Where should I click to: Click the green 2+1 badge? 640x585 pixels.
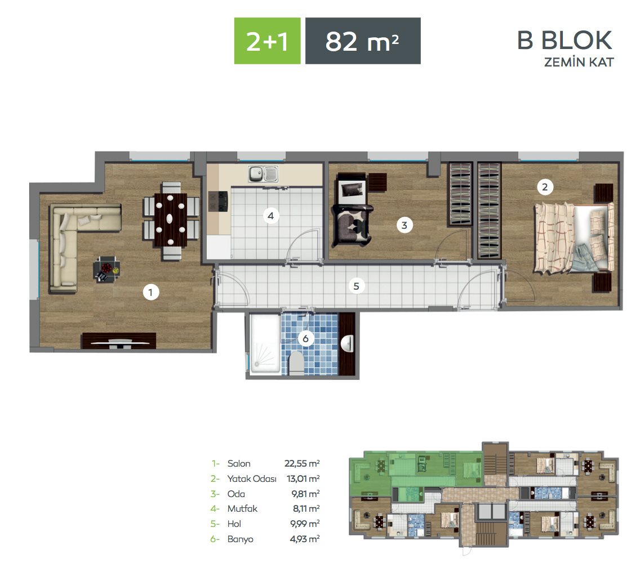[267, 41]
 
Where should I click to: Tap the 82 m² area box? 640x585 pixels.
[363, 41]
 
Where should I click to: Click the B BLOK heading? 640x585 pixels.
[565, 40]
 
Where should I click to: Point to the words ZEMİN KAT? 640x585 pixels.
[579, 62]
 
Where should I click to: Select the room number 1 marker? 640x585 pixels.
[150, 292]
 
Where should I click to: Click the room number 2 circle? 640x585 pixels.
[544, 187]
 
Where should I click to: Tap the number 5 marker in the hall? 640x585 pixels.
[356, 286]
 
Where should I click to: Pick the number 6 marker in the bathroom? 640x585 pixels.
[305, 338]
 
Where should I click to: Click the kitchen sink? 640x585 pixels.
[263, 174]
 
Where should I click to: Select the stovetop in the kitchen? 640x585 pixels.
[218, 201]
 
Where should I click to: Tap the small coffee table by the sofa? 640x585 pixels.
[106, 269]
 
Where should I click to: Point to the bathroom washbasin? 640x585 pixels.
[348, 343]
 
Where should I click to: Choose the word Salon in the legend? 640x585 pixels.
[239, 463]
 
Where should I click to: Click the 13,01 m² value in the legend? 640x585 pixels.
[303, 478]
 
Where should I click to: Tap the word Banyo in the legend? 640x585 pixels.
[241, 539]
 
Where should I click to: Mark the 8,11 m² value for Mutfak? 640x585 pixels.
[306, 509]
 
